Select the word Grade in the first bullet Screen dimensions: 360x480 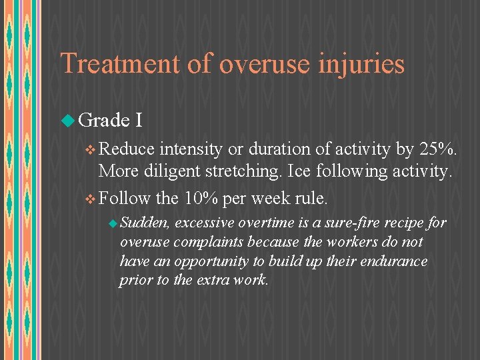[x=103, y=120]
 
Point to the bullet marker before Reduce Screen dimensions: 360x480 [x=91, y=149]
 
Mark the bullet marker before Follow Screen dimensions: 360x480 [x=91, y=199]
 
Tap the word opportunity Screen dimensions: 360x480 [x=203, y=261]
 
